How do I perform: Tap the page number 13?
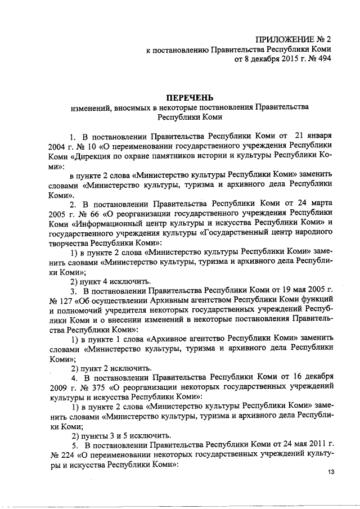[330, 472]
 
